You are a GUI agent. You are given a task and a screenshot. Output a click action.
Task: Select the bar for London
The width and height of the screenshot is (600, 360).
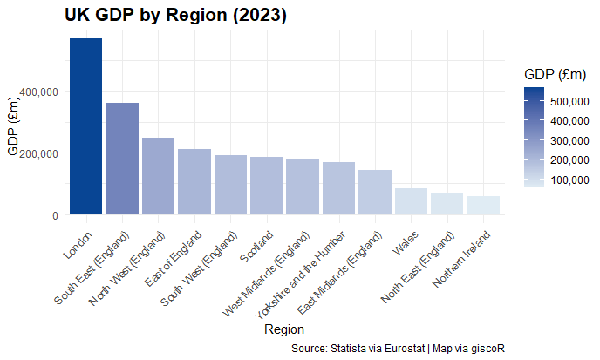(x=85, y=126)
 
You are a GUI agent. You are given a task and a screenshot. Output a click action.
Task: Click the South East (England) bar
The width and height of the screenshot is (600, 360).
(x=122, y=159)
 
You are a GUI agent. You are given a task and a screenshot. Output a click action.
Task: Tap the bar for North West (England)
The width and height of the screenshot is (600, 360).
(x=158, y=176)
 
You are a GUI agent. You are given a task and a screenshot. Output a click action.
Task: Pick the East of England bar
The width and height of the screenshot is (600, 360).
(x=194, y=182)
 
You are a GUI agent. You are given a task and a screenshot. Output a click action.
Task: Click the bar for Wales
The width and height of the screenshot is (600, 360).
(x=411, y=201)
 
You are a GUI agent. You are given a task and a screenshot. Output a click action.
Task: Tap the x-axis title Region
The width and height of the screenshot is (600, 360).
(x=283, y=329)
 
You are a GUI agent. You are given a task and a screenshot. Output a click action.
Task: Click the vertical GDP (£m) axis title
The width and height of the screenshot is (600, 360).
(x=13, y=127)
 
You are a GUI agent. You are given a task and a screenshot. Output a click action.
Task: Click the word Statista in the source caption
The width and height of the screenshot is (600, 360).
(x=347, y=348)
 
